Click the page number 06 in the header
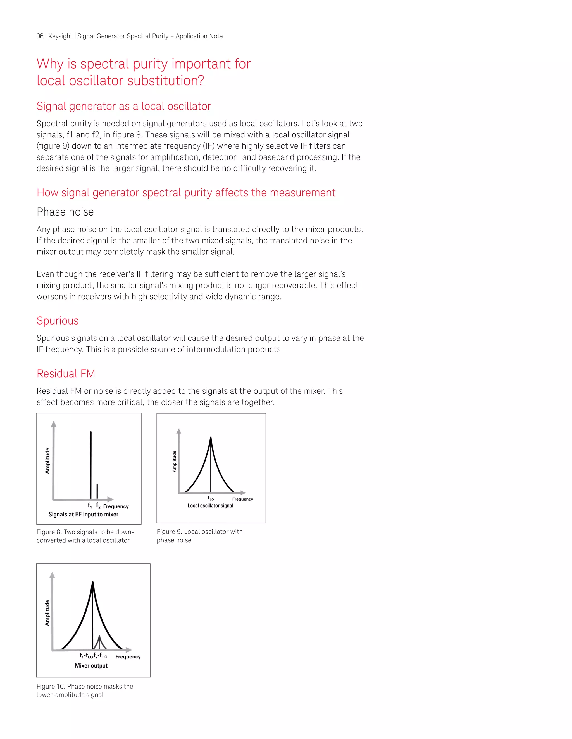(x=40, y=36)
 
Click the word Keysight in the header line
(x=60, y=36)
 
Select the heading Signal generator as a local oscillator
(x=124, y=106)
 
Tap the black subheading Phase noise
(x=65, y=212)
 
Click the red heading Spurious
(x=58, y=321)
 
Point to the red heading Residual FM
(x=66, y=374)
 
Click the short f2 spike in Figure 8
(x=97, y=491)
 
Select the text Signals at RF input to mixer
(x=83, y=514)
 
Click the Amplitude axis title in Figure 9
(x=174, y=461)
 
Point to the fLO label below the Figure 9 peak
(x=211, y=498)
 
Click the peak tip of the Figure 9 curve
(x=211, y=438)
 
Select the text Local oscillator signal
(x=210, y=506)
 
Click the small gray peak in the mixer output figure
(x=99, y=638)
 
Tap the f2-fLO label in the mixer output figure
(x=100, y=656)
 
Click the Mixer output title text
(x=91, y=666)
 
